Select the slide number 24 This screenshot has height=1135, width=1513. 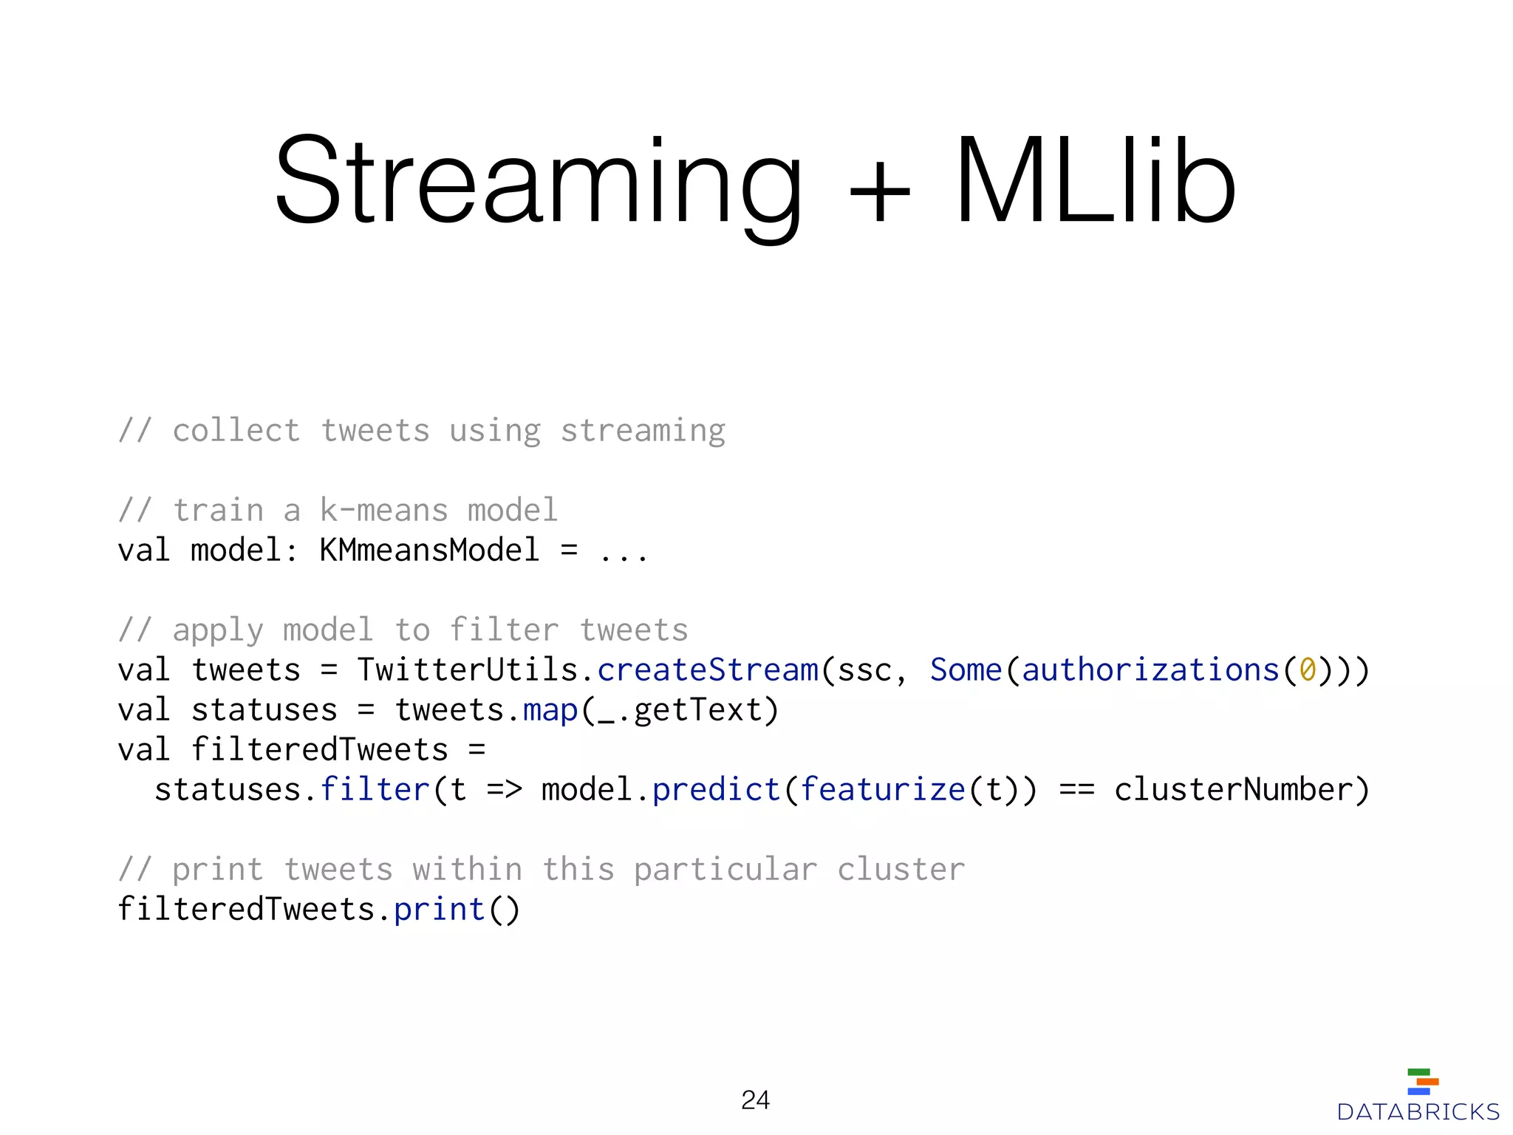(x=755, y=1100)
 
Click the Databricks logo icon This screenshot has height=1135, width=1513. (x=1422, y=1082)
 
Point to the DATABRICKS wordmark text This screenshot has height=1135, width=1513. (x=1418, y=1112)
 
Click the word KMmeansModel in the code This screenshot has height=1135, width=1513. (x=429, y=551)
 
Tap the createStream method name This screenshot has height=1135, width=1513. (x=708, y=670)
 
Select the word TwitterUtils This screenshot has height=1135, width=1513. (x=467, y=670)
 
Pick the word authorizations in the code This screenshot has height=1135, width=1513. (x=1150, y=670)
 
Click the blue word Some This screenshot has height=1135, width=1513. (x=966, y=670)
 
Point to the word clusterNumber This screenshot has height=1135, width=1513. (x=1233, y=790)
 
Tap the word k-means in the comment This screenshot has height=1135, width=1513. (x=384, y=511)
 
